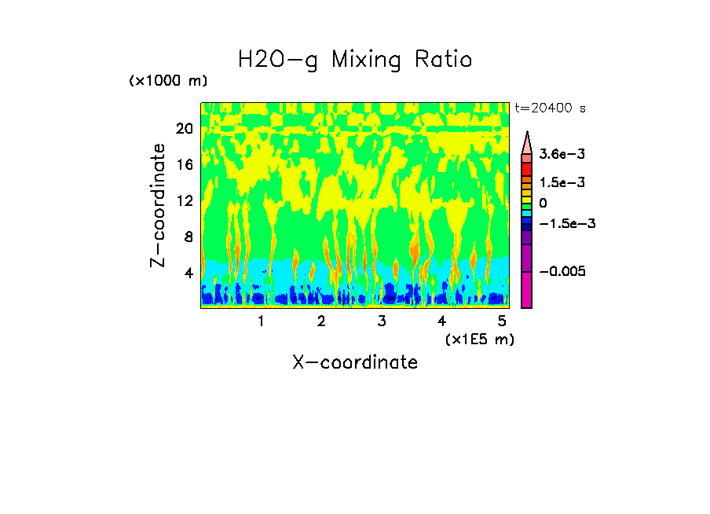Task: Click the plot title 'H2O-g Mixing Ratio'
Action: point(355,60)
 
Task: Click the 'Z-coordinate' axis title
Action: point(159,205)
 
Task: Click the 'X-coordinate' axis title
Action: point(355,362)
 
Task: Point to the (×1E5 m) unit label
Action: point(479,339)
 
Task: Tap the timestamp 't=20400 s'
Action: point(551,108)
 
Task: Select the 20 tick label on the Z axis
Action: point(184,129)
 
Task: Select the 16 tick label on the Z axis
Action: point(184,165)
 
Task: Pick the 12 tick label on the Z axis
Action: point(184,201)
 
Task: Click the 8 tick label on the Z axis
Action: point(188,237)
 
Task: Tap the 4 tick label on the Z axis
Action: point(188,273)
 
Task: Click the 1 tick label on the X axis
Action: point(261,321)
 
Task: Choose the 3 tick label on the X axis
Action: point(382,321)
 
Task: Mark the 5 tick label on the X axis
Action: point(503,321)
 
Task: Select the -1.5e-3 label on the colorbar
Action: point(562,223)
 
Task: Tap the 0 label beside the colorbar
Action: point(542,203)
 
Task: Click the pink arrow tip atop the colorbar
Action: point(527,142)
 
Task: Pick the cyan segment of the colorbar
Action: point(527,213)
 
